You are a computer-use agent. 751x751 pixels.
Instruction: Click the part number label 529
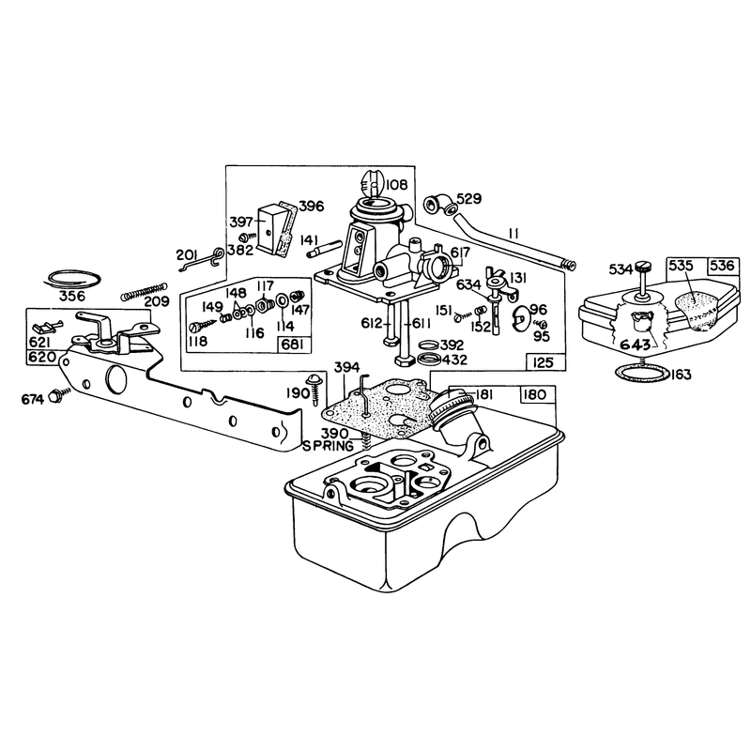468,198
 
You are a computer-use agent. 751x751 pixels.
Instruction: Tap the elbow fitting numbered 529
439,205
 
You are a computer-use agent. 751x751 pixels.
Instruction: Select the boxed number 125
543,362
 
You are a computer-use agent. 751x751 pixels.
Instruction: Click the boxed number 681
294,345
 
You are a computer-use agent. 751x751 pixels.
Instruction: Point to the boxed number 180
534,394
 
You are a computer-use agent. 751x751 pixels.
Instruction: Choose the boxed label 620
42,358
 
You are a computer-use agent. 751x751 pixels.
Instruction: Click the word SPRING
328,446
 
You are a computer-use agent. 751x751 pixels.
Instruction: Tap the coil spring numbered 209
144,291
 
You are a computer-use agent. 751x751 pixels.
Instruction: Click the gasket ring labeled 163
641,372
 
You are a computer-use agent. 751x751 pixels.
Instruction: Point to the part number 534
621,269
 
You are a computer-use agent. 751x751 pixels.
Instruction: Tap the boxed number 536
722,266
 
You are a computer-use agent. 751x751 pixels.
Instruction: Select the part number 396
312,207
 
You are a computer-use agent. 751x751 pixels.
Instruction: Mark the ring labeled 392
428,345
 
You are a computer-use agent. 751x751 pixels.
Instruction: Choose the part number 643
636,345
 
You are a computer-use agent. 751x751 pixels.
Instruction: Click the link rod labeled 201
200,260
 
